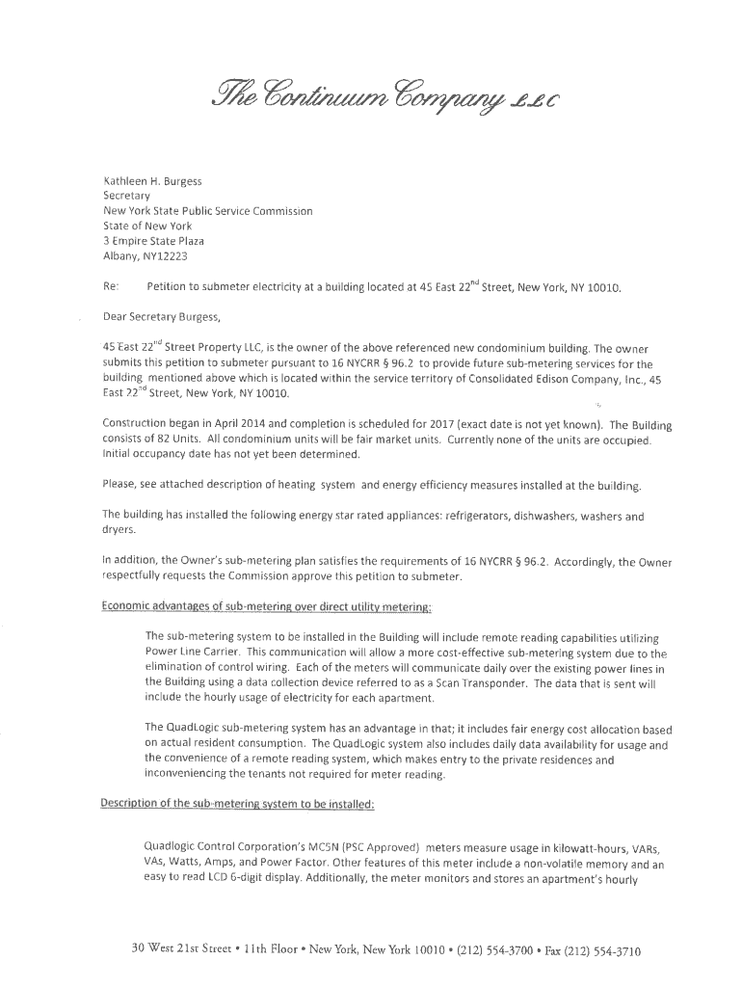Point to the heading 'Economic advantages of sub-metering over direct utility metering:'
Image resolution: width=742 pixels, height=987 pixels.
[267, 606]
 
